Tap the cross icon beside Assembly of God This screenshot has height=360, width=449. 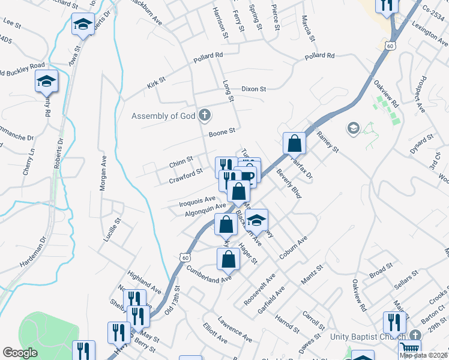[205, 115]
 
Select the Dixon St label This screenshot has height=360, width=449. [253, 89]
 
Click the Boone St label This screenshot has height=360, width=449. [221, 131]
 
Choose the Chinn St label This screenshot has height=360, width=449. [181, 161]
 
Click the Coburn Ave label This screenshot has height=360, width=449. [293, 247]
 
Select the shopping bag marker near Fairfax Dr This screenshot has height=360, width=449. [294, 143]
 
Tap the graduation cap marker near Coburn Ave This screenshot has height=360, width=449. [256, 220]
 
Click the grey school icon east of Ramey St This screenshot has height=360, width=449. [354, 128]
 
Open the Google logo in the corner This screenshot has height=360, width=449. [20, 353]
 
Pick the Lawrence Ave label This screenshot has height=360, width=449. [235, 329]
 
